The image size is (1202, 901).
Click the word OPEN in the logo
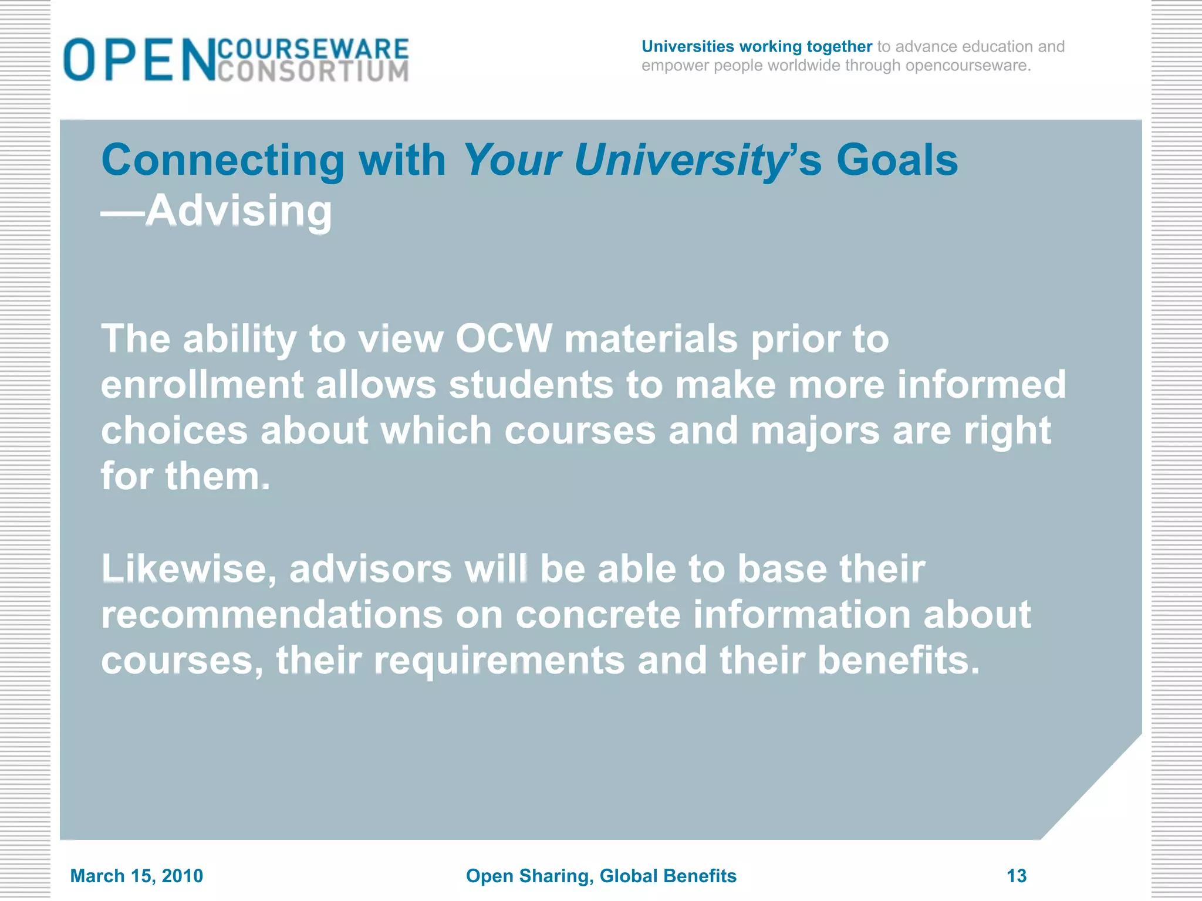pyautogui.click(x=140, y=59)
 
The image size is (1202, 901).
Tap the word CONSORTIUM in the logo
pyautogui.click(x=313, y=72)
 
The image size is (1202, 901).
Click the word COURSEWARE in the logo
pyautogui.click(x=313, y=49)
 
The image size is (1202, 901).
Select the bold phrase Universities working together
pyautogui.click(x=757, y=46)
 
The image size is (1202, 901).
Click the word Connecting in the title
pyautogui.click(x=223, y=160)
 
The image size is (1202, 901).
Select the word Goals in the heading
pyautogui.click(x=897, y=160)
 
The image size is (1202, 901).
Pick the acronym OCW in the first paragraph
pyautogui.click(x=504, y=339)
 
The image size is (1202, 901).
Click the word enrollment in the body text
pyautogui.click(x=202, y=385)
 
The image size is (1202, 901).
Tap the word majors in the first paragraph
pyautogui.click(x=815, y=431)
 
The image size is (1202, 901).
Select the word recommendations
pyautogui.click(x=272, y=615)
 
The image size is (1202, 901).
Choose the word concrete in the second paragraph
pyautogui.click(x=597, y=615)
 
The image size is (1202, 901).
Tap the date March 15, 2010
pyautogui.click(x=136, y=876)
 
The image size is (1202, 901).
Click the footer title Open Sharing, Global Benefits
pyautogui.click(x=601, y=876)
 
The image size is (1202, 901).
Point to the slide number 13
pyautogui.click(x=1017, y=876)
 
